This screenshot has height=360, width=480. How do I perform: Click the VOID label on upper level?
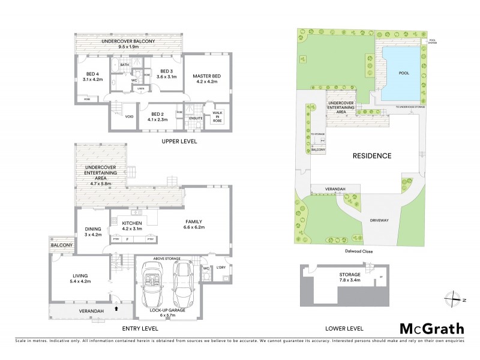tap(129, 117)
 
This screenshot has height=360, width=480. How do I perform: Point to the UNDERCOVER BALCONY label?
tap(128, 41)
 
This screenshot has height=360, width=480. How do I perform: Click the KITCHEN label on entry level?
tap(131, 224)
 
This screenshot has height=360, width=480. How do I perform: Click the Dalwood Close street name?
tap(359, 251)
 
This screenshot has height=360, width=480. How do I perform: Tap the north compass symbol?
tap(451, 298)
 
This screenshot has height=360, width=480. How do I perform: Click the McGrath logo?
tap(431, 328)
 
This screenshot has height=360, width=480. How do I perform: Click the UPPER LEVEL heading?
tap(179, 142)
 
